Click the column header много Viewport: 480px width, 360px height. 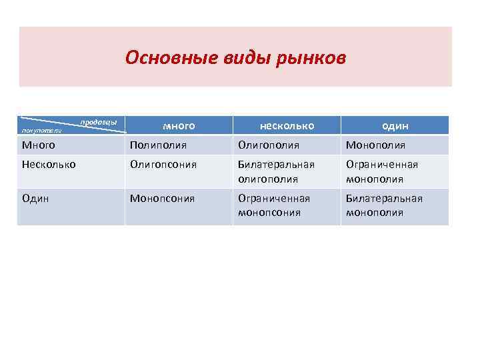point(179,125)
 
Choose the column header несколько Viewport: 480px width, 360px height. point(287,125)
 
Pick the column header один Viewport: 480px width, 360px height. point(395,125)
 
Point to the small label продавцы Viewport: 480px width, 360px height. point(99,122)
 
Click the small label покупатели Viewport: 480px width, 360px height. point(42,130)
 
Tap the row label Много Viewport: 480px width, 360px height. point(39,145)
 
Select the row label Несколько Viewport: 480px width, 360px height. point(49,164)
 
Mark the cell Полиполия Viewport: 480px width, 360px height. point(158,145)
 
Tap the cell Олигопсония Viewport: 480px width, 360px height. point(163,164)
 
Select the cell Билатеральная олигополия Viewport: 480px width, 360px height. point(276,171)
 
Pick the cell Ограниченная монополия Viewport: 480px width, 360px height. point(381,171)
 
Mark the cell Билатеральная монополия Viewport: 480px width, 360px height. point(383,205)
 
